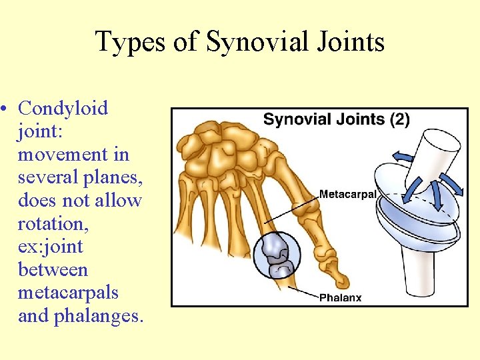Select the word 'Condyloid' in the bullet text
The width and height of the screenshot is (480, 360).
pos(63,108)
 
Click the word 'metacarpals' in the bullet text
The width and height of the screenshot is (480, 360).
pos(68,293)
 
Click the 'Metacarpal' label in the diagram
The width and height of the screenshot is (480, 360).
pos(348,195)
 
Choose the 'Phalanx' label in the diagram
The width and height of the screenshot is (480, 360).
pos(340,297)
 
